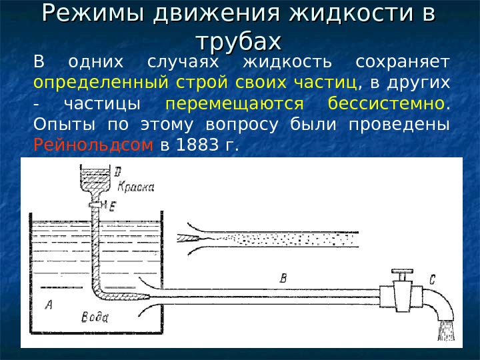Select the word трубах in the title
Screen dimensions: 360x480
point(239,41)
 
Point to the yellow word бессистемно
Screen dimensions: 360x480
point(386,104)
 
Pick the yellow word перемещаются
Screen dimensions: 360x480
point(235,104)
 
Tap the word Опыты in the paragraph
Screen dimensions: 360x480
point(61,125)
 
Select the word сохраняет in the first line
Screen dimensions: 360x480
point(403,63)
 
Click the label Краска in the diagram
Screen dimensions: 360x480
point(136,187)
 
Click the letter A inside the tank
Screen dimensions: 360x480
point(49,305)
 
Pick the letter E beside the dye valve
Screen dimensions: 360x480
point(112,208)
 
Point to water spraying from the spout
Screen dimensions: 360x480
point(445,331)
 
